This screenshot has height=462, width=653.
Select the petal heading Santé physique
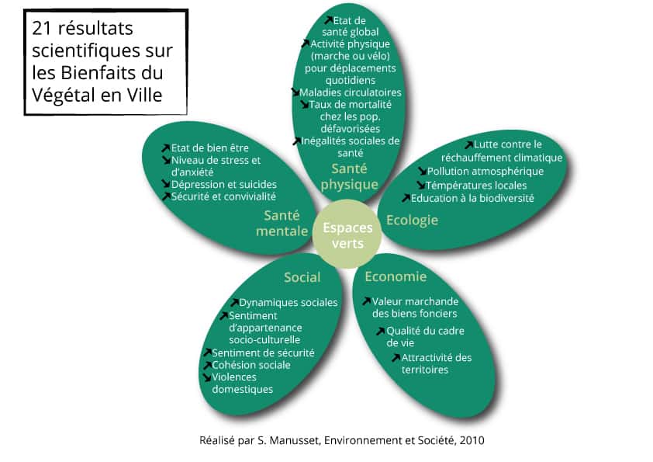349,176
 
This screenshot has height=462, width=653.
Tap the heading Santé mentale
285,223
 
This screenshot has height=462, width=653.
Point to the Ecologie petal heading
412,220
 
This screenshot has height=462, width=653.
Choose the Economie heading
396,276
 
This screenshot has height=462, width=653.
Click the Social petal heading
302,277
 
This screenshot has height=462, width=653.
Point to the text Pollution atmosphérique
485,172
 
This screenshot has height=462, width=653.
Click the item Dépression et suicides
223,184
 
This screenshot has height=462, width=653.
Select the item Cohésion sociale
251,365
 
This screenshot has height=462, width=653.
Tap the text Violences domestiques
245,383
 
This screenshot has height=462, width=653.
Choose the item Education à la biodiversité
472,198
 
